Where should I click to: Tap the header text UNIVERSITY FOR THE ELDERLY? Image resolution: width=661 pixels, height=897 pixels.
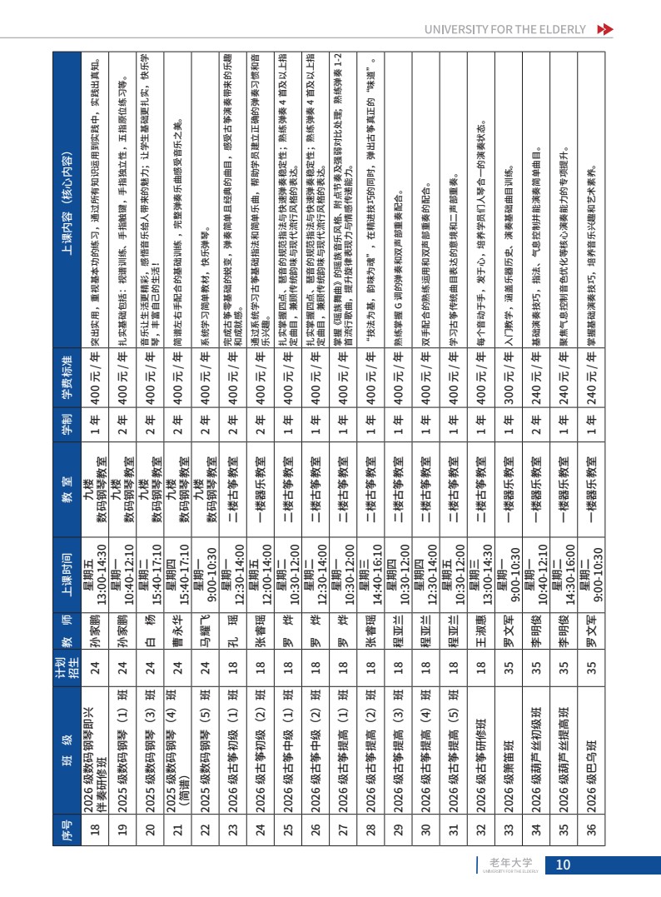tap(506, 30)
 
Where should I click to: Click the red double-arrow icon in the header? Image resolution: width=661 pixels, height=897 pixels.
tap(606, 30)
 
